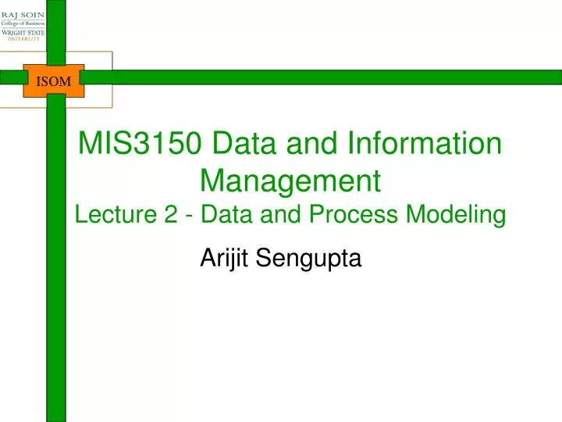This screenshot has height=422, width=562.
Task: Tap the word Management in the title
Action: [x=290, y=181]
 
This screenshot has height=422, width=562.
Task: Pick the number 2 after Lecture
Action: [x=171, y=214]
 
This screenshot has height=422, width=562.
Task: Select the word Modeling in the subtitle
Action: [x=465, y=214]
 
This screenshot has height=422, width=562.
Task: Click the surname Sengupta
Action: [x=308, y=257]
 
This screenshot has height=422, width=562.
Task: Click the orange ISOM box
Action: [x=54, y=80]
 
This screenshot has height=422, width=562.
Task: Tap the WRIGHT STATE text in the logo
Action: [x=22, y=33]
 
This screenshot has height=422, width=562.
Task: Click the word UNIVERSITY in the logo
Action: [x=22, y=41]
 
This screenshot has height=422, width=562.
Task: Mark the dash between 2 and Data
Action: [x=189, y=215]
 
